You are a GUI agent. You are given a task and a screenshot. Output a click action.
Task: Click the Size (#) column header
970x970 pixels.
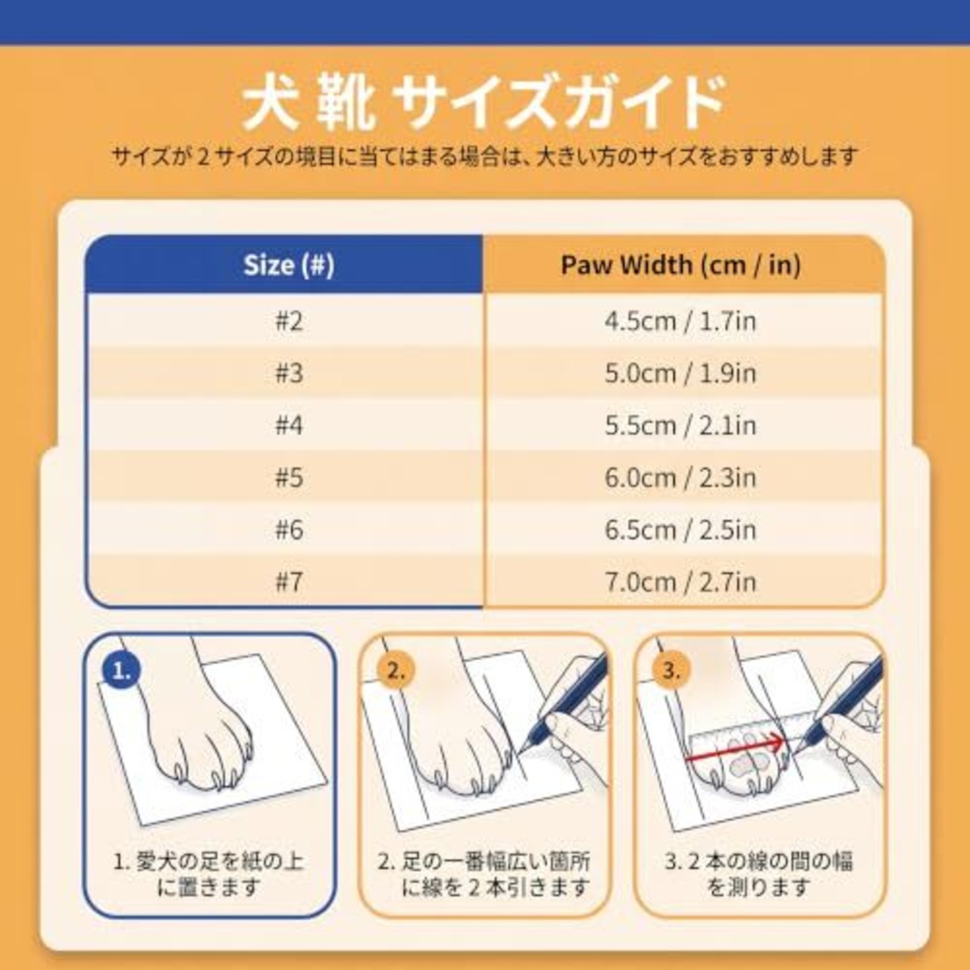289,264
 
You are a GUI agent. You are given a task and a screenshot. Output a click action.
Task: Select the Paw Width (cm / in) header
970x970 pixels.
681,264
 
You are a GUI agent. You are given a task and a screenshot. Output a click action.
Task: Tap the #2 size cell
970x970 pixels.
289,321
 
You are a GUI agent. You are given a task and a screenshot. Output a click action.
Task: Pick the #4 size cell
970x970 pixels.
289,425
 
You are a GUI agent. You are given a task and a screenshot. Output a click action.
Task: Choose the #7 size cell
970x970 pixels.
289,582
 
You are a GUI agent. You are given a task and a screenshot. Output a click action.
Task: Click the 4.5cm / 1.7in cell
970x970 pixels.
681,321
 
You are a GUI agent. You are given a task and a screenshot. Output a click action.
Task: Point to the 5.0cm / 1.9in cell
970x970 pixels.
681,374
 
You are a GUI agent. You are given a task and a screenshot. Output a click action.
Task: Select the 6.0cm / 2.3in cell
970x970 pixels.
681,477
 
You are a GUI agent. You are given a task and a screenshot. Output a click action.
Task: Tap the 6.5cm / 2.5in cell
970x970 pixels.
681,530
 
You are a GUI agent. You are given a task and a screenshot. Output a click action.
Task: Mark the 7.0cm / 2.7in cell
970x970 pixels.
681,582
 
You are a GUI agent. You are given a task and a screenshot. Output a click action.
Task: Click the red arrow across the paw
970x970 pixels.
735,748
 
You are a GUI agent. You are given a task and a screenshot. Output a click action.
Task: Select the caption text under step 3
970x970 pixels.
759,875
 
